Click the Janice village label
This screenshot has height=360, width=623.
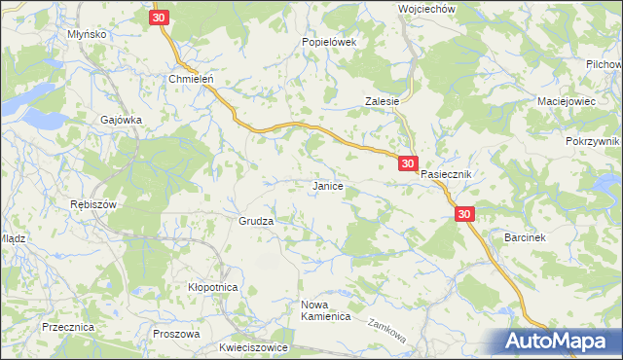(326, 185)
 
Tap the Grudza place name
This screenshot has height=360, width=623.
(256, 221)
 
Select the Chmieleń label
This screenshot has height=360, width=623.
(191, 80)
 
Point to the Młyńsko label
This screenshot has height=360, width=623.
(87, 33)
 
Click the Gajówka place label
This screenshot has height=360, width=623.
(122, 120)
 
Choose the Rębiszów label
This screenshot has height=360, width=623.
(93, 204)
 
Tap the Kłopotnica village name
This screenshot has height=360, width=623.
(213, 287)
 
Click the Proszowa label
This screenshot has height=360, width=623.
(176, 333)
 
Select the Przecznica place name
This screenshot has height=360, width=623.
(68, 328)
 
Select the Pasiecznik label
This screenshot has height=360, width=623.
(446, 174)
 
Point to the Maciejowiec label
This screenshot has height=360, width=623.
(570, 101)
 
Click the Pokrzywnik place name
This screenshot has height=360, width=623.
(592, 141)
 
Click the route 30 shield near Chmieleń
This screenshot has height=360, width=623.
(162, 18)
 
